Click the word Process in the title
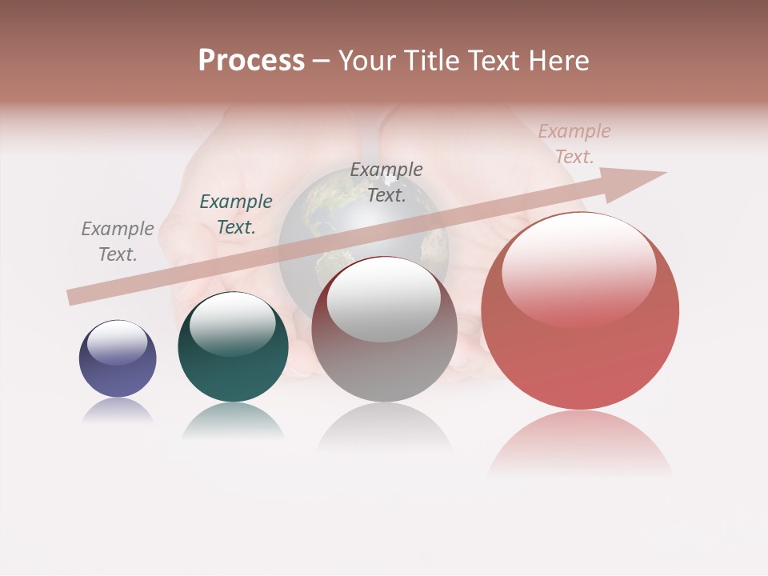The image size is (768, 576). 251,61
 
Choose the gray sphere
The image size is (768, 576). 384,352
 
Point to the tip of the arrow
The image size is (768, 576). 664,173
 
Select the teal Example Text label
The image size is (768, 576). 236,214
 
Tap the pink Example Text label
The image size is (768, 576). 574,144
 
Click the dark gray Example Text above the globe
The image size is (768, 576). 386,182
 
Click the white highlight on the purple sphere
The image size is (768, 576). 117,342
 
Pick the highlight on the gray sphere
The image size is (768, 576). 383,300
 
